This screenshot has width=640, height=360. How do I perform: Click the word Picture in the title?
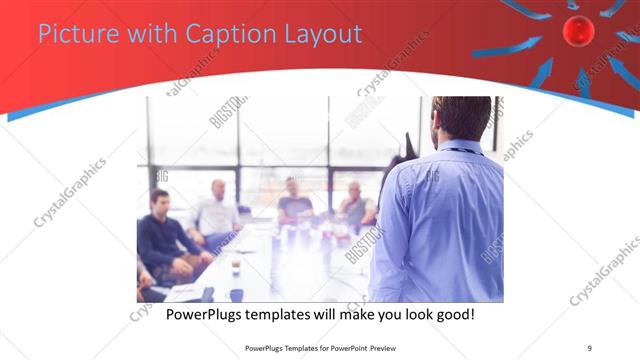(x=72, y=35)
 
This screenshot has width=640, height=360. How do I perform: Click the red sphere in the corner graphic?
(x=578, y=32)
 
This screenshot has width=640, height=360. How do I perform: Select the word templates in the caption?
(x=295, y=315)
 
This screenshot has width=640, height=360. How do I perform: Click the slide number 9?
(x=589, y=348)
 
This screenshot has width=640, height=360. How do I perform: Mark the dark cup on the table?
(x=236, y=267)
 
